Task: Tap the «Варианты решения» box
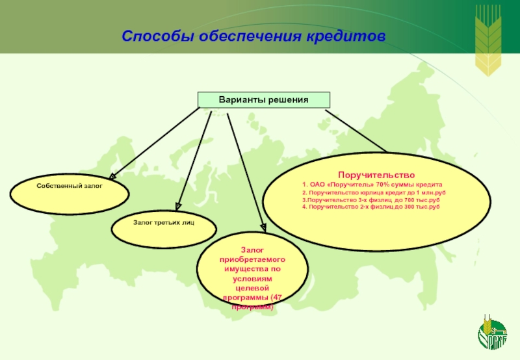click(x=264, y=99)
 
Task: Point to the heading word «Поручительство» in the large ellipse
click(x=376, y=175)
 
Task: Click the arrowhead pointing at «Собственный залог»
click(x=112, y=175)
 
